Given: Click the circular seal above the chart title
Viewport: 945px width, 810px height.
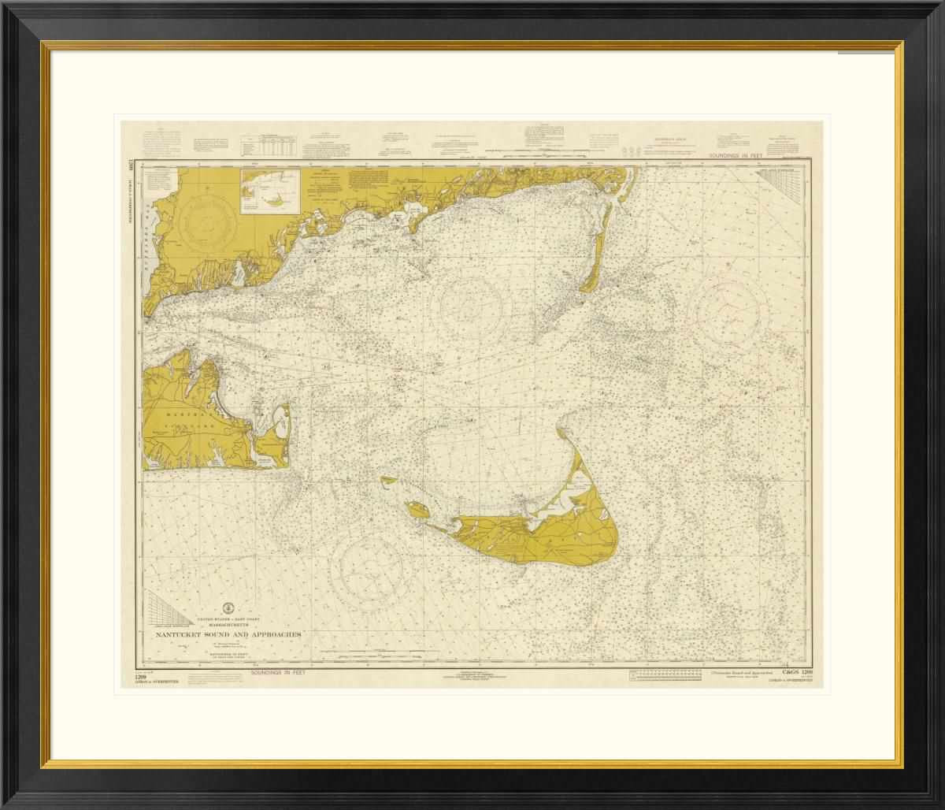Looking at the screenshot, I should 228,607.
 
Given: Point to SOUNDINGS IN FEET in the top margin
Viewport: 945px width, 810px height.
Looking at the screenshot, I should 748,158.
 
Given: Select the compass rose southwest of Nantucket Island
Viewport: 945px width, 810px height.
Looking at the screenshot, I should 372,564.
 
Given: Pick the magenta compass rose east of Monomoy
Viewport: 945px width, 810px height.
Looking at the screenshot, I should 732,309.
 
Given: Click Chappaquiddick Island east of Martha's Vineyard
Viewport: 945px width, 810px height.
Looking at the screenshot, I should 276,429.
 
